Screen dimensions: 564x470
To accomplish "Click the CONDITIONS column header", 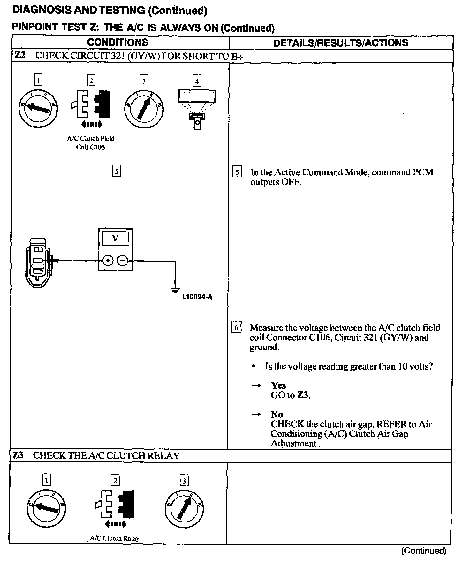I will [x=117, y=42].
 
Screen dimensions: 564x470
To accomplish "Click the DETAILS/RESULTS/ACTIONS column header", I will [x=341, y=43].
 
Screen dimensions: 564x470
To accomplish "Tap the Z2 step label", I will [x=19, y=56].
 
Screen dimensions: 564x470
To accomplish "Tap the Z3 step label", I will [x=18, y=455].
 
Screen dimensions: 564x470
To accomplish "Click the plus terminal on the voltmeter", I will [x=108, y=261].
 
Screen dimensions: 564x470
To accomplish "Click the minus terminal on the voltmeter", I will [x=123, y=261].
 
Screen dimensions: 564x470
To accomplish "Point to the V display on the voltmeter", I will [x=116, y=238].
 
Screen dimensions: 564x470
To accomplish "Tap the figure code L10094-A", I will [x=197, y=297].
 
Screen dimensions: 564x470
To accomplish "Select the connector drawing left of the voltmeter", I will [x=39, y=263].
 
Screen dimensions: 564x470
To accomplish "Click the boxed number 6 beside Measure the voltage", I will [x=236, y=328].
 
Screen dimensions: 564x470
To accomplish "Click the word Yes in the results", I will [x=278, y=385].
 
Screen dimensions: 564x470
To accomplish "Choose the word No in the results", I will [x=277, y=414].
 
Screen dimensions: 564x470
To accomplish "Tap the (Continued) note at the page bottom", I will [x=424, y=551].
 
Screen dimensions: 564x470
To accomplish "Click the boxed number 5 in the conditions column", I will [x=117, y=171].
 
